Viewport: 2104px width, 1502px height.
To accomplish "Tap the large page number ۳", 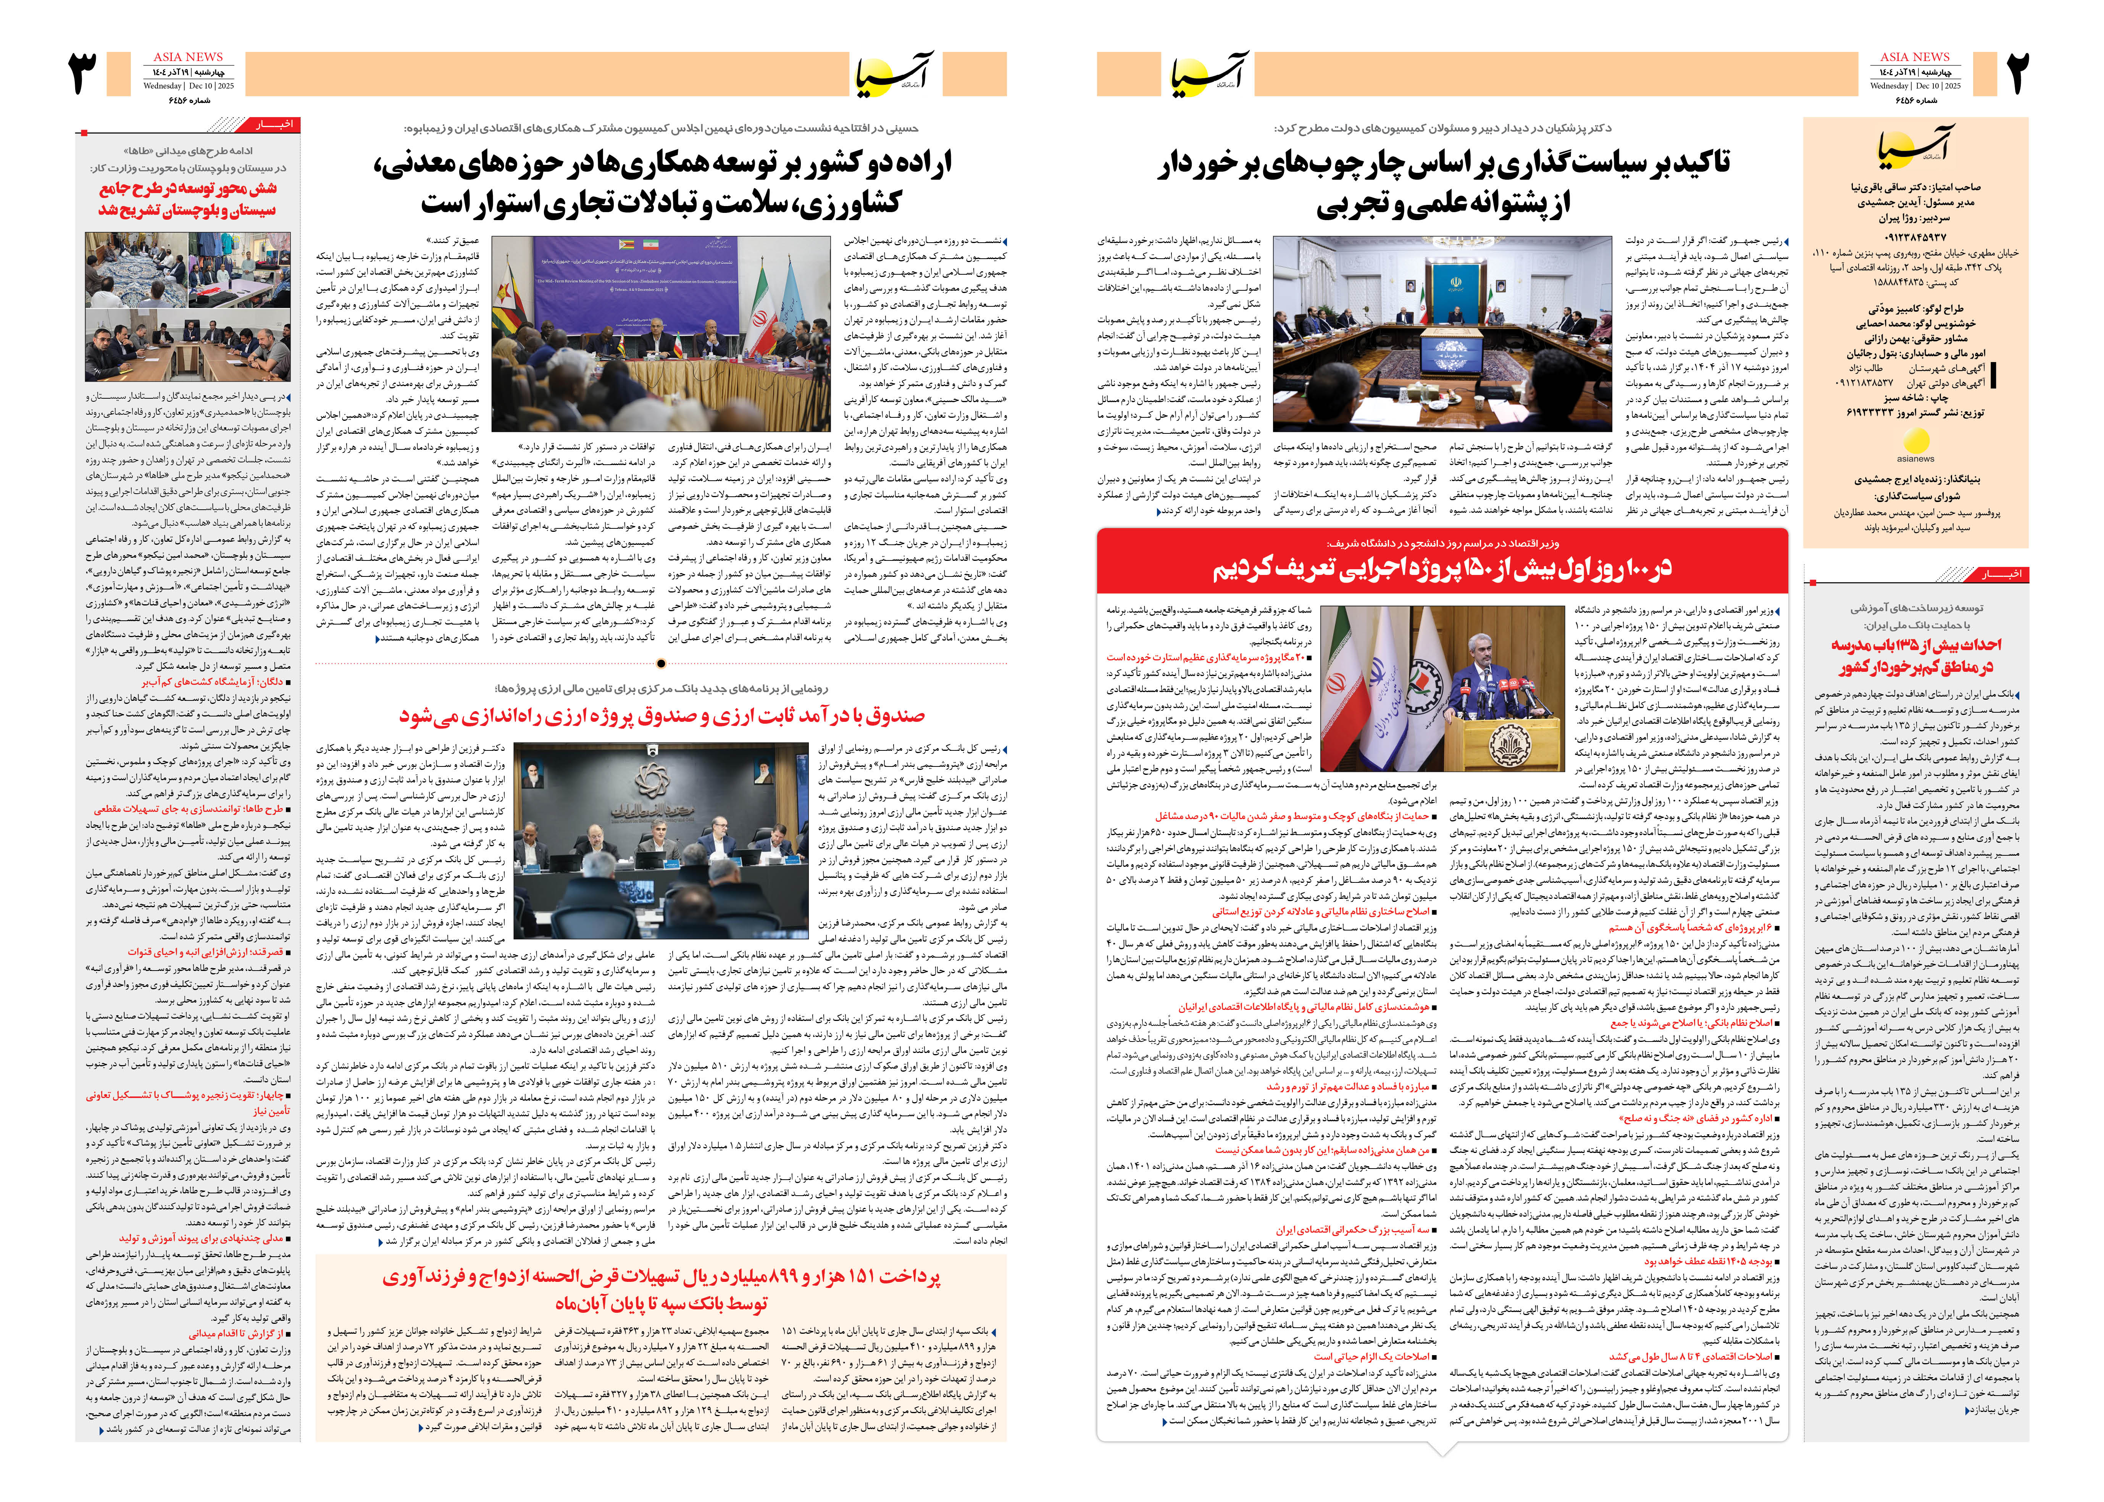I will coord(85,74).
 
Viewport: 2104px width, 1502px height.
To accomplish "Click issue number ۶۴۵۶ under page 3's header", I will coord(190,100).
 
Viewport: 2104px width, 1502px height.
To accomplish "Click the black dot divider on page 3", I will coord(661,663).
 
